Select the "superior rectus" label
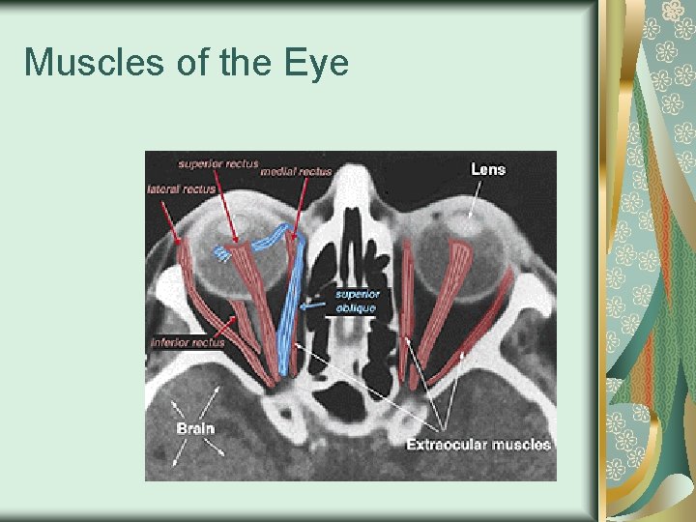(218, 163)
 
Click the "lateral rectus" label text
(181, 189)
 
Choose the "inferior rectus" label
(188, 341)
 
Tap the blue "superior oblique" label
(357, 300)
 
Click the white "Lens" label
(487, 169)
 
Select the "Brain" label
(195, 426)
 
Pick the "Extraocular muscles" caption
(478, 445)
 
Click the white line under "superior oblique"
(356, 316)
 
